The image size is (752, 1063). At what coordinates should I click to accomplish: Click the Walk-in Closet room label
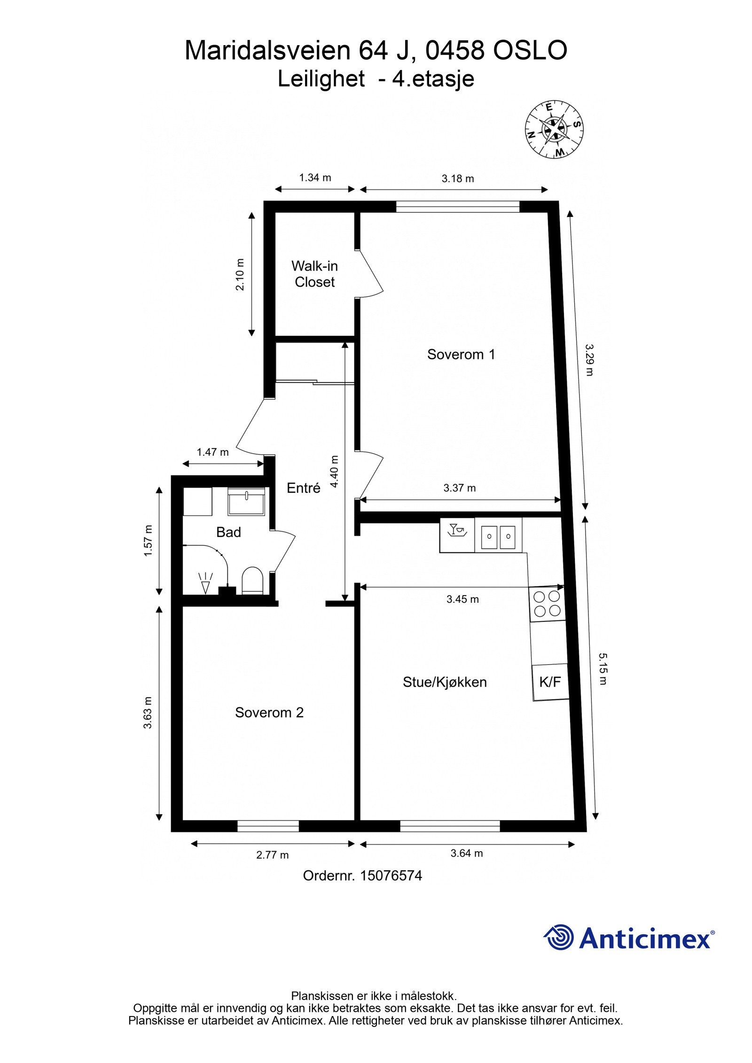coord(314,274)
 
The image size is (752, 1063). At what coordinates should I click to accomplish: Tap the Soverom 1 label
coord(461,354)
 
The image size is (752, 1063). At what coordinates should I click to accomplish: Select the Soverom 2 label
coord(269,713)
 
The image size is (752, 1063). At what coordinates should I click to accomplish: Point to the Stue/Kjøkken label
coord(445,682)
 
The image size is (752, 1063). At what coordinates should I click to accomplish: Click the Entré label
coord(304,488)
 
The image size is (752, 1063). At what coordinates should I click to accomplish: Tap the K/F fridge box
coord(550,682)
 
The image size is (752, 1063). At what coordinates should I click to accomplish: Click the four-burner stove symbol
coord(547,604)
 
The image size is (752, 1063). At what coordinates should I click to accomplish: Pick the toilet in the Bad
coord(252,581)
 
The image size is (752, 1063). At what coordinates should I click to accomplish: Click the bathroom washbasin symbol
coord(247,502)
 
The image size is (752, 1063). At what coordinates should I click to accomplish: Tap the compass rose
coord(554,129)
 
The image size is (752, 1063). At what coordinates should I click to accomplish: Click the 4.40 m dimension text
coord(335,471)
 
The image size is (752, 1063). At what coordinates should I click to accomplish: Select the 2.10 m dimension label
coord(240,274)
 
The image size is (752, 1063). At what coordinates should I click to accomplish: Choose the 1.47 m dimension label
coord(212,452)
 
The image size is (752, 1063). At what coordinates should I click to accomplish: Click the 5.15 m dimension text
coord(603,668)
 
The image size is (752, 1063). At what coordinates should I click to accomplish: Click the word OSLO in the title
coord(530,51)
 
